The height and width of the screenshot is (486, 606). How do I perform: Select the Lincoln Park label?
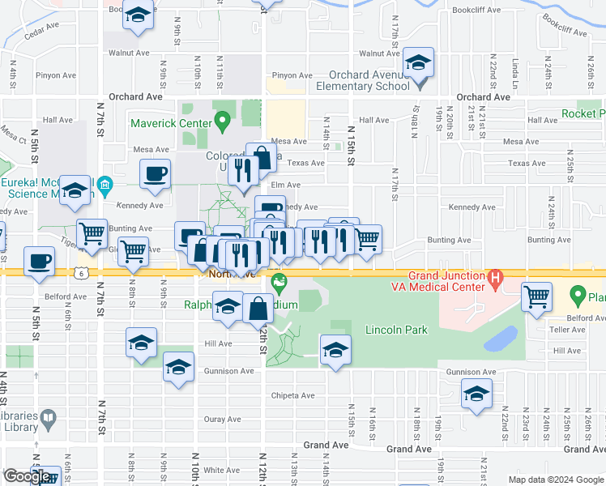click(x=395, y=330)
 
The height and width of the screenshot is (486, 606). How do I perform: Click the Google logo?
click(x=27, y=476)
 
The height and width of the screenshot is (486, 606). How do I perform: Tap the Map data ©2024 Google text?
click(x=555, y=480)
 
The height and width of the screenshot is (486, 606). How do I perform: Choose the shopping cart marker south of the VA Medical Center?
click(x=536, y=296)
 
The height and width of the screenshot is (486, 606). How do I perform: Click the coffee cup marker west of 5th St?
click(x=39, y=262)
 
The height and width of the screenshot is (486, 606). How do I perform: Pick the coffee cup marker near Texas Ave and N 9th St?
click(x=155, y=173)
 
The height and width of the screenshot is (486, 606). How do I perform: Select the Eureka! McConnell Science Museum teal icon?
click(x=105, y=189)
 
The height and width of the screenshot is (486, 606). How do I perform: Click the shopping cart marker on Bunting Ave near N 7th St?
click(x=93, y=234)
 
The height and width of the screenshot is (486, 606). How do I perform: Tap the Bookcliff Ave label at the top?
click(x=474, y=11)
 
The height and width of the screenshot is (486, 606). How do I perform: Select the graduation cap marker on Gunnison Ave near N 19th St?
click(x=476, y=394)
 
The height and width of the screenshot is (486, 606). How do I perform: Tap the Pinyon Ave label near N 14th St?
click(x=292, y=75)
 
